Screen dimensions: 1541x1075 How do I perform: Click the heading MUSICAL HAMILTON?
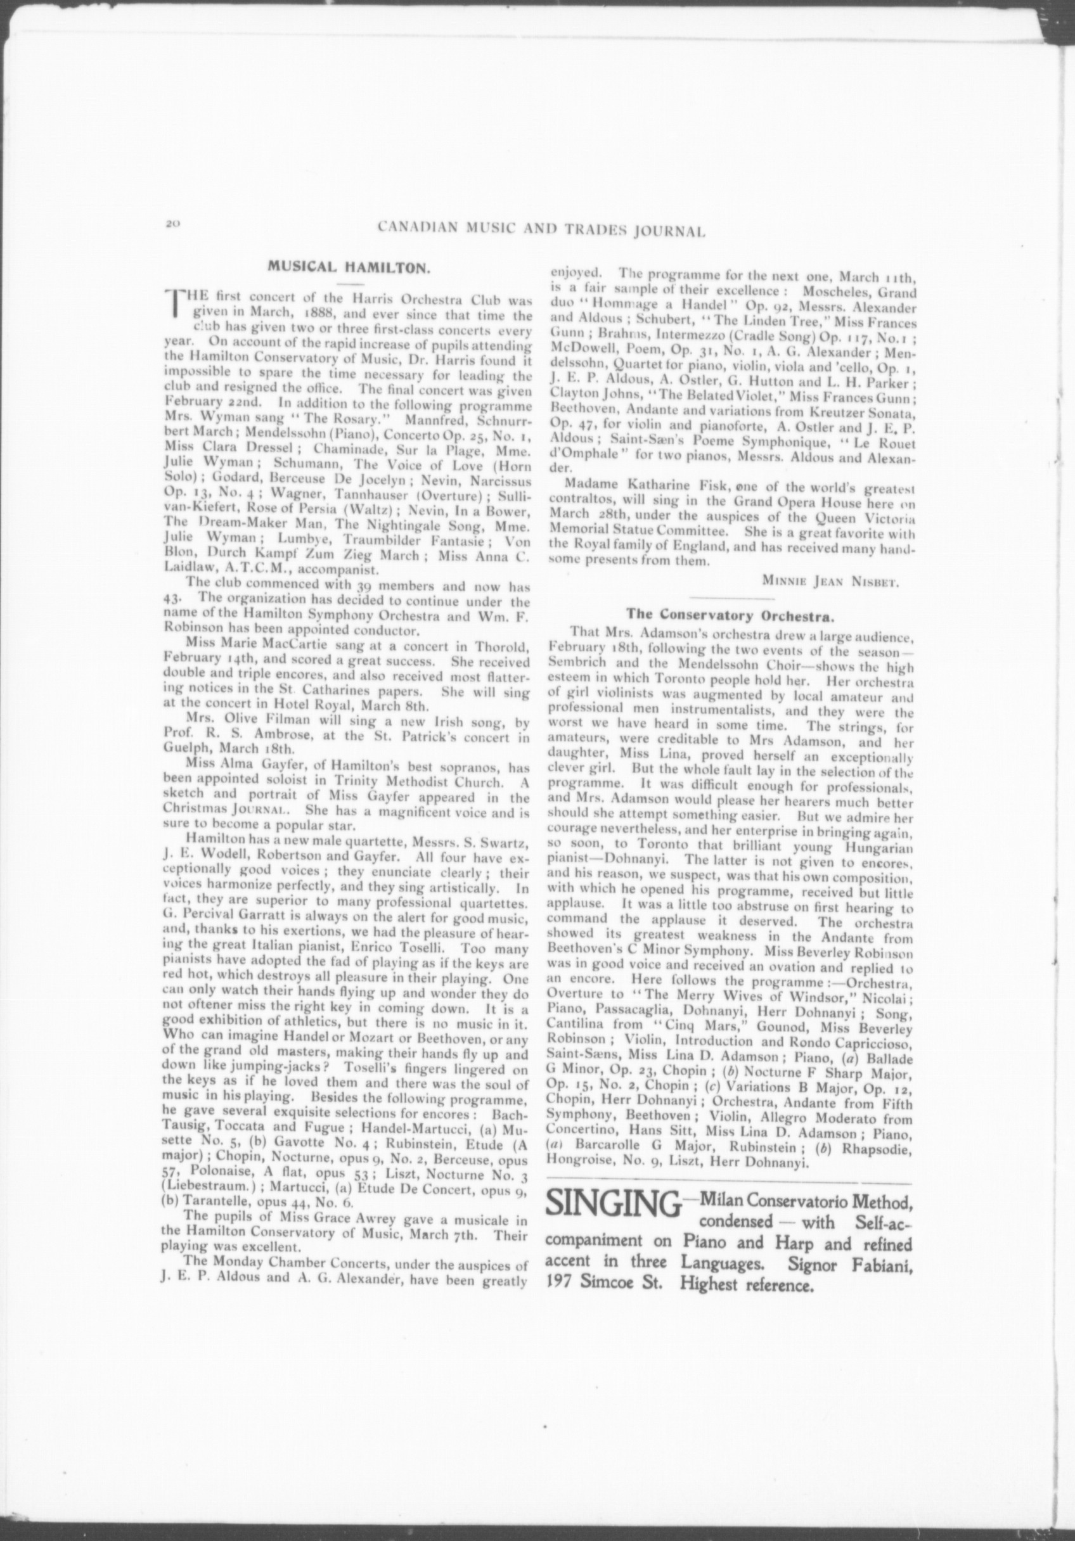click(x=349, y=265)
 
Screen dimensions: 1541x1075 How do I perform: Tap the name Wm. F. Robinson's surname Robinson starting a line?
click(x=191, y=630)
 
